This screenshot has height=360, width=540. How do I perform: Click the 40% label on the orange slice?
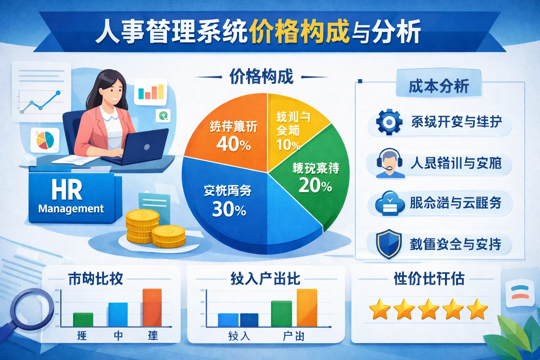[233, 144]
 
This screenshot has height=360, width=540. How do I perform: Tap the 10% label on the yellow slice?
[288, 145]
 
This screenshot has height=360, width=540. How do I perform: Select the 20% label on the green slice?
[315, 185]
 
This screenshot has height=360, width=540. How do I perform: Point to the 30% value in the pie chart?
[229, 209]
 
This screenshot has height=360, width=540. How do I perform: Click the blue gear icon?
[389, 122]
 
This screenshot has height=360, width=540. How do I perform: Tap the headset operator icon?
[389, 163]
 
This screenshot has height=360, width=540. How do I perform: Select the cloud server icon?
[389, 203]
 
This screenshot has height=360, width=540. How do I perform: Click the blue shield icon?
[389, 244]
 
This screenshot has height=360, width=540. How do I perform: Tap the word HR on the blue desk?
[67, 190]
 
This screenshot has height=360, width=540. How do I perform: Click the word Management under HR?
[71, 209]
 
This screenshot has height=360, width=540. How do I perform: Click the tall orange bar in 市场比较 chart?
[152, 308]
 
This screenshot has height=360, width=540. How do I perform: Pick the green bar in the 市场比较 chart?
[83, 320]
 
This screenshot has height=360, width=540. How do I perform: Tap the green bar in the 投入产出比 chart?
[281, 314]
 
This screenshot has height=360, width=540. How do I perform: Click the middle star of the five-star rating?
[429, 309]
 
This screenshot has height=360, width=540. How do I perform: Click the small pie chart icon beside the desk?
[45, 140]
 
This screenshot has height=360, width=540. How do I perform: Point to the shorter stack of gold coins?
[168, 236]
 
